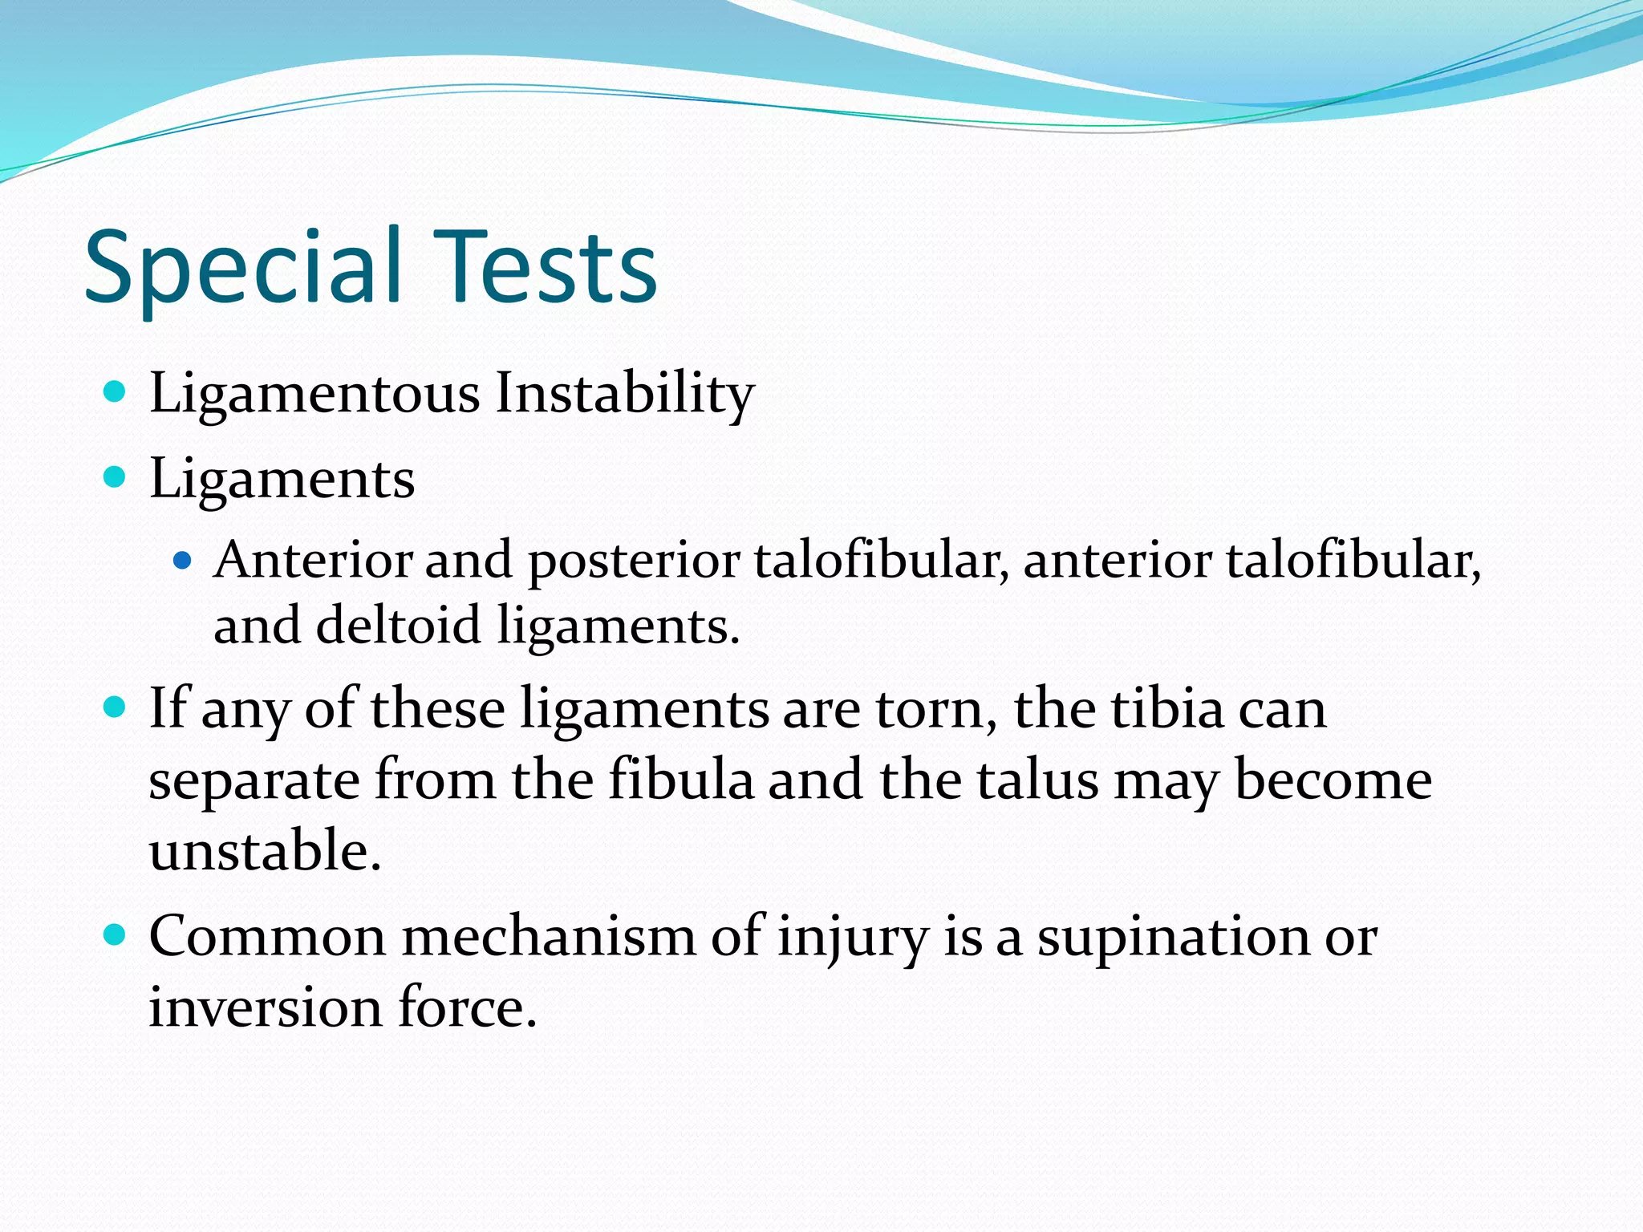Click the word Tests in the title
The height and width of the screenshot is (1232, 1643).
(x=546, y=269)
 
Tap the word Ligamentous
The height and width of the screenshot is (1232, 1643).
(x=314, y=395)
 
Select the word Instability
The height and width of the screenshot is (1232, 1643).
(x=624, y=395)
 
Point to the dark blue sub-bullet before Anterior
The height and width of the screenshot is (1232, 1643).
(x=183, y=561)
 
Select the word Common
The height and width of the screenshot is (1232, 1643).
(x=267, y=936)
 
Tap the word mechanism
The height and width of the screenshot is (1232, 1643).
(x=548, y=936)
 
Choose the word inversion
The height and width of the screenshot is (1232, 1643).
(x=265, y=1007)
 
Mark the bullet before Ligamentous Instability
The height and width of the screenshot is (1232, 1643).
(x=116, y=392)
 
